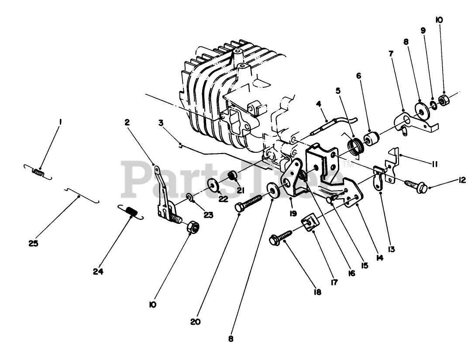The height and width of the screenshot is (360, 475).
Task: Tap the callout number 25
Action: point(34,243)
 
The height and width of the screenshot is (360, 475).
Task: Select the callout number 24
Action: point(98,271)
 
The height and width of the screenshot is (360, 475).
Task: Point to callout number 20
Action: point(195,322)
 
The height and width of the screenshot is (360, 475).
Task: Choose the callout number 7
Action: point(391,54)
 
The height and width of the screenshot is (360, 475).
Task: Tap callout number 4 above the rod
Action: point(319,103)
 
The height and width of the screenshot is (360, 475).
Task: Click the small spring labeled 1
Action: point(39,173)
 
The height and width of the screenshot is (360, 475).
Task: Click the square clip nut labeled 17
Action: point(310,226)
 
